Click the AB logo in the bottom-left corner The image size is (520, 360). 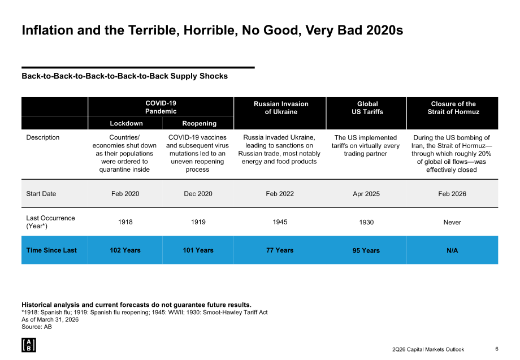pos(28,345)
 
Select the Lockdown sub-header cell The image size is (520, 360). pos(125,123)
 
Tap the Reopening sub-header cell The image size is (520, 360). pos(198,123)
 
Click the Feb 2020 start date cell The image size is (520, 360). pos(125,194)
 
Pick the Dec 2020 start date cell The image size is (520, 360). pos(198,194)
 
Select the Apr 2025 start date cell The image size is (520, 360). pos(366,194)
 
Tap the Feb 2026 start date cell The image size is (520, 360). pos(452,194)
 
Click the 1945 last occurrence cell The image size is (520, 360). pos(280,222)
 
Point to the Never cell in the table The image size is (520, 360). pos(452,222)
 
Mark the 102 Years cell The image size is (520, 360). pos(125,250)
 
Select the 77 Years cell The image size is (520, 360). pos(280,250)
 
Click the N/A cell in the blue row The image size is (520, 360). pos(452,250)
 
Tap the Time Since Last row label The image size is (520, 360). pos(51,250)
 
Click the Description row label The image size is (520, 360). pos(43,137)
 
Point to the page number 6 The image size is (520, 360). pos(497,349)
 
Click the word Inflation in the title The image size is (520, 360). pos(47,30)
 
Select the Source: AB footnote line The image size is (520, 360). pos(37,327)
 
